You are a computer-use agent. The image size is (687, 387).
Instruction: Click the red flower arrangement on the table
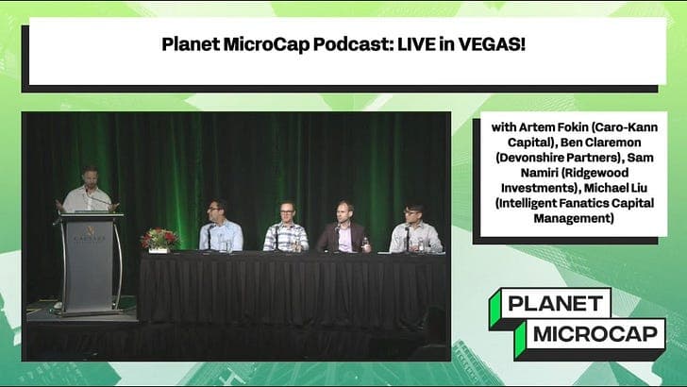159,238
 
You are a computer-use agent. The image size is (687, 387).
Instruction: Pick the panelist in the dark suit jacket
341,229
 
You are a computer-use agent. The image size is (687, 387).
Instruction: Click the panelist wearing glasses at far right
414,228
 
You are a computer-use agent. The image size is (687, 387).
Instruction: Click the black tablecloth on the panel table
293,293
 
